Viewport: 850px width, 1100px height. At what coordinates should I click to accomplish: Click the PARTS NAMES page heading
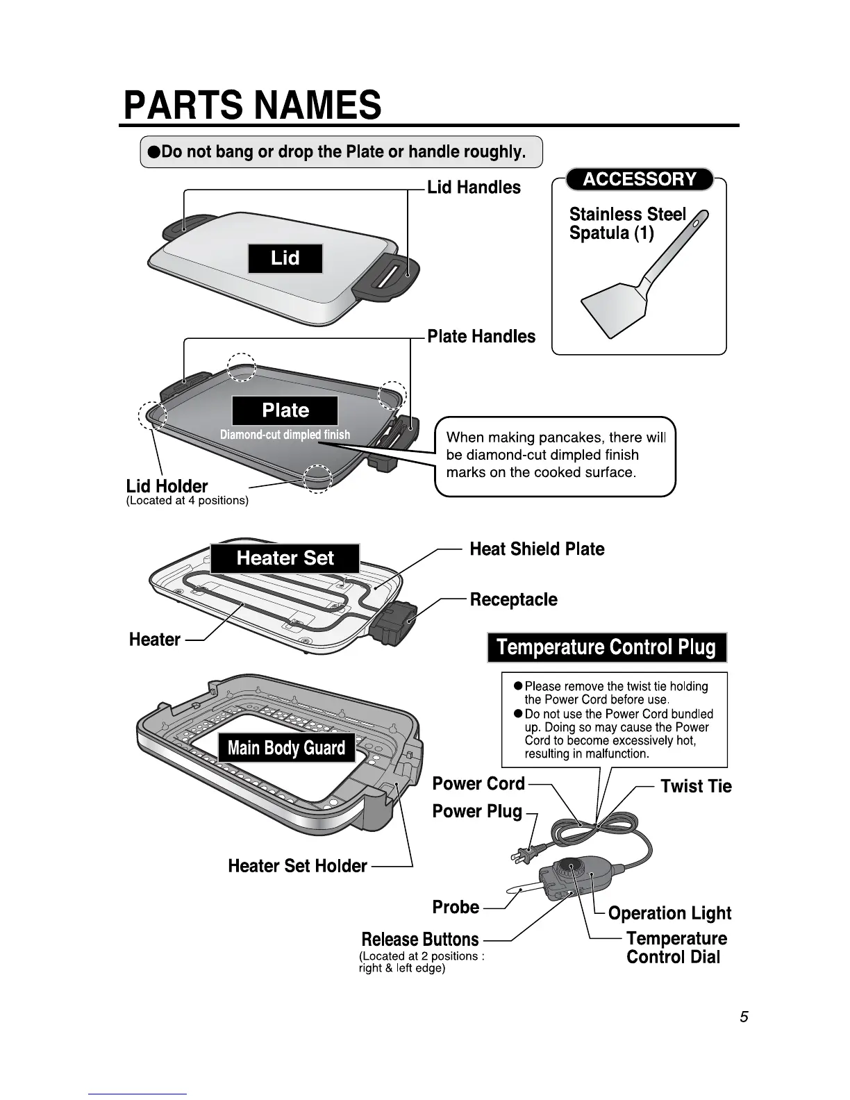[252, 105]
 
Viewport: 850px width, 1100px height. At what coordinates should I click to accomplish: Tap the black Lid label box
[285, 258]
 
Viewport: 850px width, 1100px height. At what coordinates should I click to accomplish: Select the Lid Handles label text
[474, 187]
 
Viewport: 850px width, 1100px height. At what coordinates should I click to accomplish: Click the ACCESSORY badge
[640, 179]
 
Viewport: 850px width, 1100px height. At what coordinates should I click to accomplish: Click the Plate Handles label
[481, 337]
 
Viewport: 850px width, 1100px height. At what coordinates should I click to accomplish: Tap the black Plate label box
[285, 410]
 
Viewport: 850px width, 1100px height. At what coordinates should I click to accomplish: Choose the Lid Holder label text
[167, 486]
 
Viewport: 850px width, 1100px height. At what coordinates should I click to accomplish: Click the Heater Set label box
[285, 558]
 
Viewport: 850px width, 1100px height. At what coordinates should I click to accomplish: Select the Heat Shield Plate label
[537, 549]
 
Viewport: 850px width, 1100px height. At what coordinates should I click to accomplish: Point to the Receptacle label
[513, 599]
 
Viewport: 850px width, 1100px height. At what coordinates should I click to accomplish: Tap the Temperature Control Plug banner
[606, 648]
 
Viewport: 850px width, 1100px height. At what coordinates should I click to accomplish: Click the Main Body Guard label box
[286, 748]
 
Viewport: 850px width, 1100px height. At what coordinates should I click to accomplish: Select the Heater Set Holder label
[297, 866]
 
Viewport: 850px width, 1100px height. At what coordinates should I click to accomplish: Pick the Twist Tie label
[696, 786]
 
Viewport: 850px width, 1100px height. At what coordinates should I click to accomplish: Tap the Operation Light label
[669, 913]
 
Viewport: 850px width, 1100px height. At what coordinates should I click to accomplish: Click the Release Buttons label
[420, 940]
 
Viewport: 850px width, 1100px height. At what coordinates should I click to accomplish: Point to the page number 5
[744, 1017]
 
